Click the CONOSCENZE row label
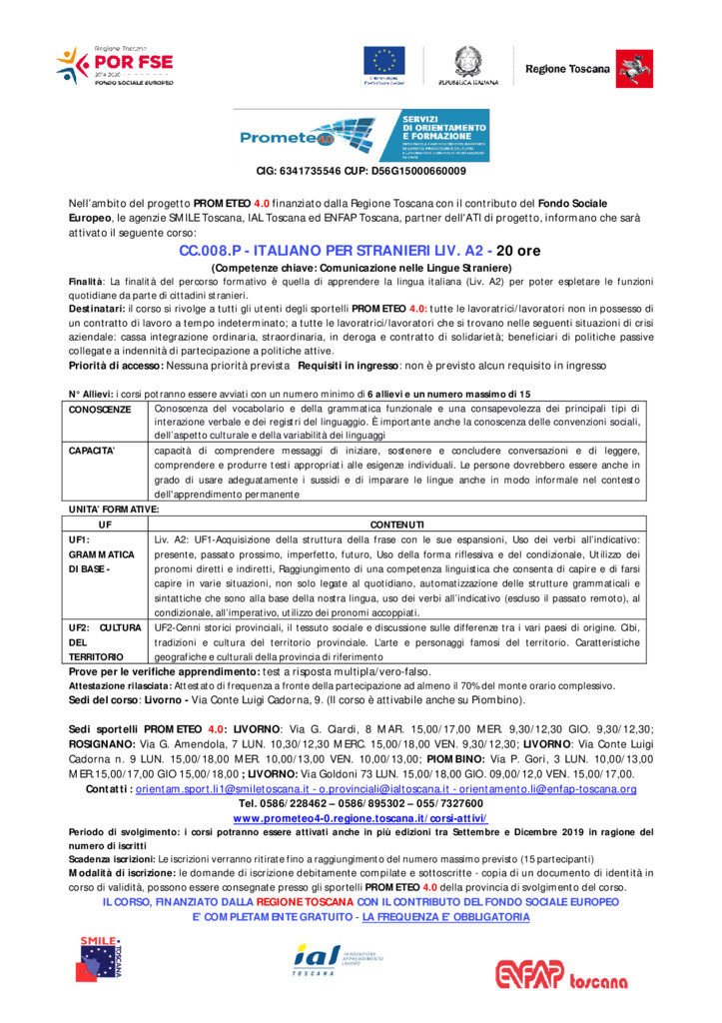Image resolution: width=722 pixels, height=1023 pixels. pos(100,409)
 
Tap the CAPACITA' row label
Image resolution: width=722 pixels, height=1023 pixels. pos(93,451)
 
